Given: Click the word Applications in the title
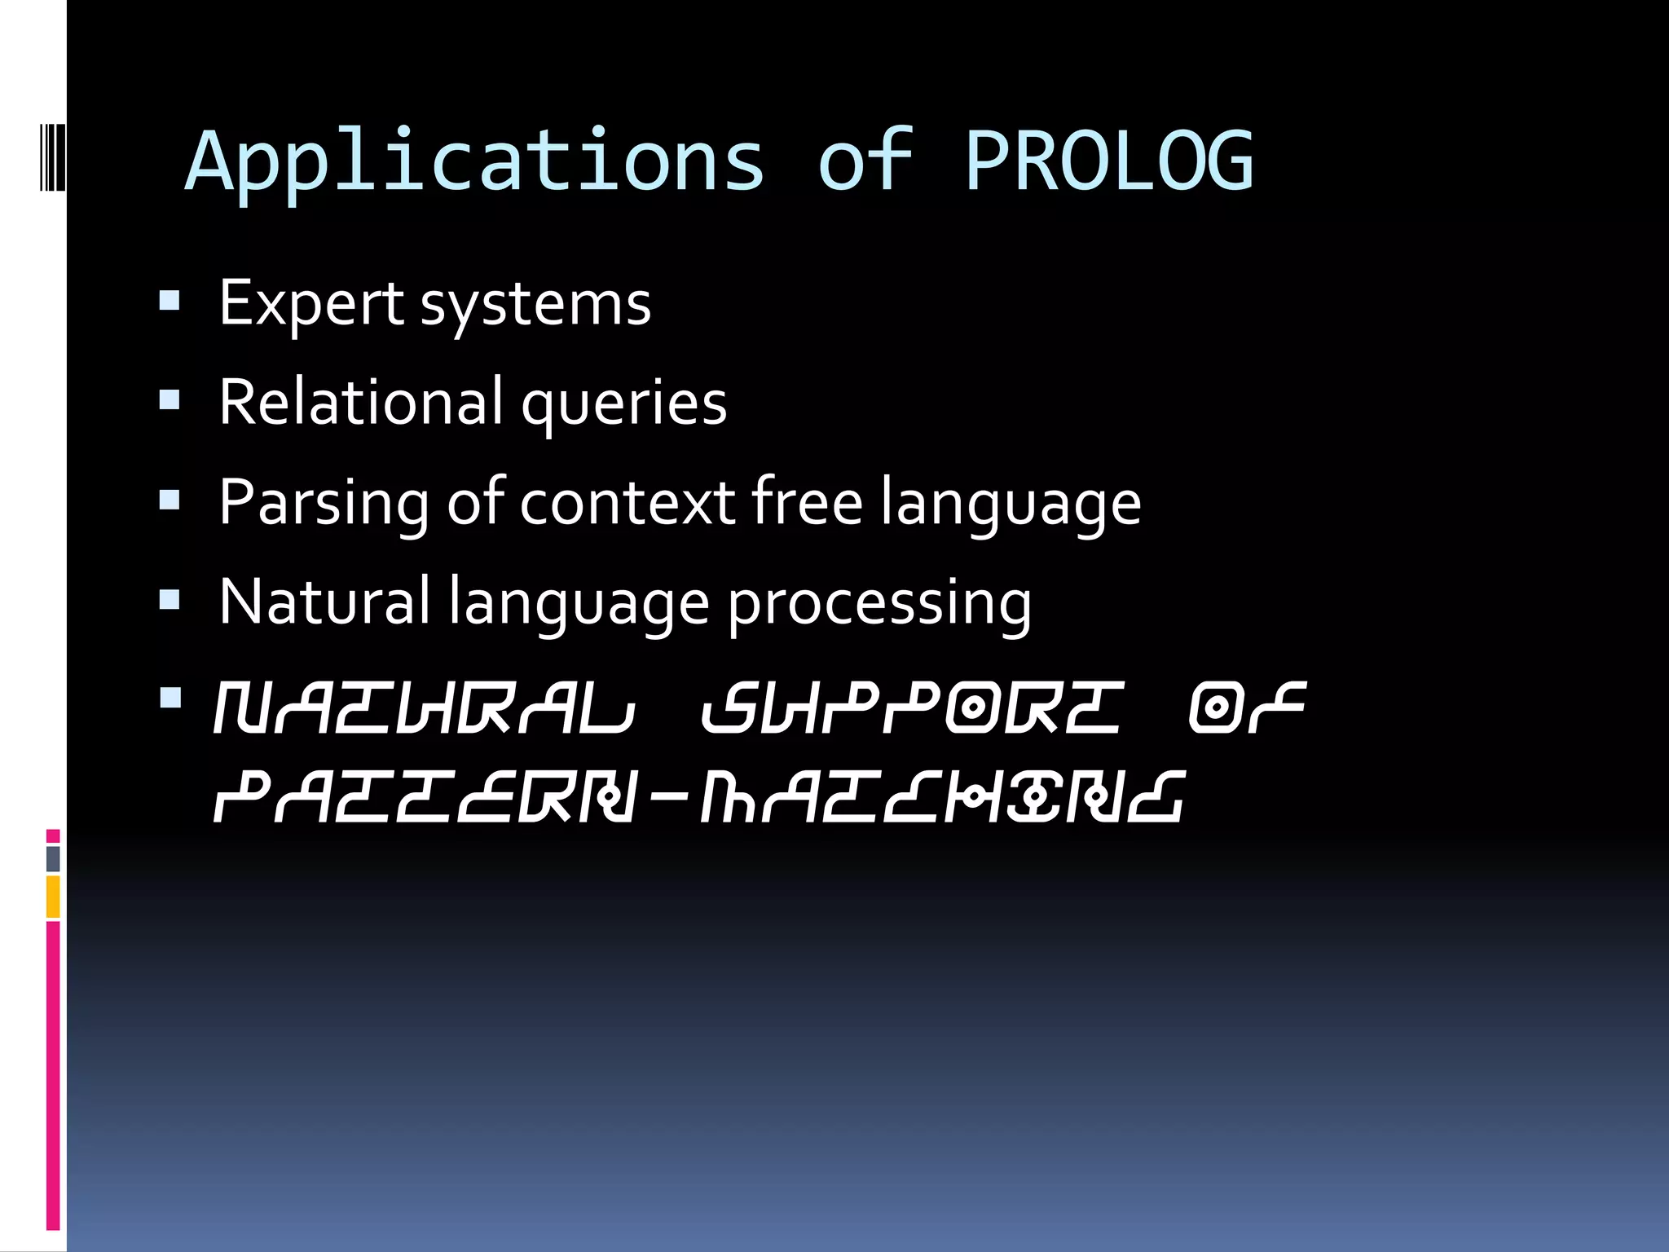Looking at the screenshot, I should (x=475, y=161).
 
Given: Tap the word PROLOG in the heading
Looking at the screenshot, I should (x=1108, y=161).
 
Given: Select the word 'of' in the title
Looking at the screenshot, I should (x=865, y=161).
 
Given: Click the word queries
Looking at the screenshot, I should (x=623, y=404).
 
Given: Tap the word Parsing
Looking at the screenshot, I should (x=324, y=504).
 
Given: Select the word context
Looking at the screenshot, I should (x=628, y=502).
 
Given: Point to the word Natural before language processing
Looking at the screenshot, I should (x=324, y=602).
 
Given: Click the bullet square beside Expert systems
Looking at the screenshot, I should (x=170, y=302).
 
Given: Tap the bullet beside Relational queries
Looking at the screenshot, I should (x=170, y=399).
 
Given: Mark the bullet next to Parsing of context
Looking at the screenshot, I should (x=170, y=500).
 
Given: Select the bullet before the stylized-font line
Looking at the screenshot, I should (x=170, y=699).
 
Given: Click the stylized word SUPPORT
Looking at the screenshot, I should (x=911, y=708).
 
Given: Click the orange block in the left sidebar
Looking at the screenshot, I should (x=53, y=896).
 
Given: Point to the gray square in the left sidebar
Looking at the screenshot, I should (x=53, y=858).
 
